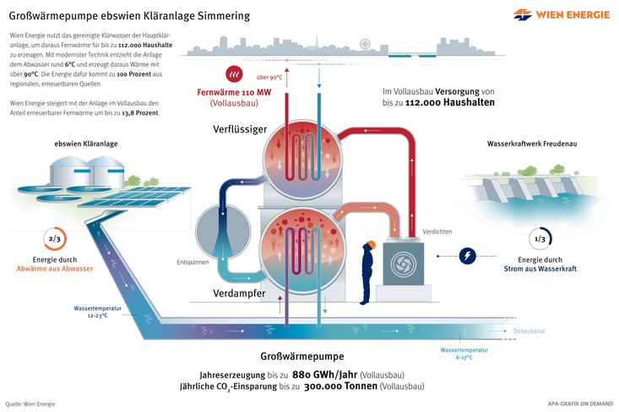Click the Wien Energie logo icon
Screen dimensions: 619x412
point(522,14)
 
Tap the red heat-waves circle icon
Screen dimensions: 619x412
point(234,73)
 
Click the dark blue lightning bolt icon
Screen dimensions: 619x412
point(467,256)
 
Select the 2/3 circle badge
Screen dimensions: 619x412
point(55,239)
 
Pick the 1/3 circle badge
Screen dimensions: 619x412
point(540,239)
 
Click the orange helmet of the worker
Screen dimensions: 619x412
point(370,245)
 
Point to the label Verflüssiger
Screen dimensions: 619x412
point(240,129)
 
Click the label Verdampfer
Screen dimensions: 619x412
point(239,293)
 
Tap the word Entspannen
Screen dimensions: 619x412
point(193,262)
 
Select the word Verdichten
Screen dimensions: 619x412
point(437,231)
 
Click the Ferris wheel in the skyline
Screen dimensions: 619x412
point(365,44)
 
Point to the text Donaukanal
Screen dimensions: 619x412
point(529,331)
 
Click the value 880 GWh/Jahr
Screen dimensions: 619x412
point(324,375)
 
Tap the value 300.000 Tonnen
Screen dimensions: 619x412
point(340,386)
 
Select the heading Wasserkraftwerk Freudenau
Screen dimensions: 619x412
point(532,144)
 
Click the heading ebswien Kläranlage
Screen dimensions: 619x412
point(86,144)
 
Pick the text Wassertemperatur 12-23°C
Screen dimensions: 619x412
point(97,312)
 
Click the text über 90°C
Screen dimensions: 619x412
point(269,78)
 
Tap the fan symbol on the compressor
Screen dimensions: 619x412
point(404,264)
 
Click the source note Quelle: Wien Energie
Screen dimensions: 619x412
point(30,404)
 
